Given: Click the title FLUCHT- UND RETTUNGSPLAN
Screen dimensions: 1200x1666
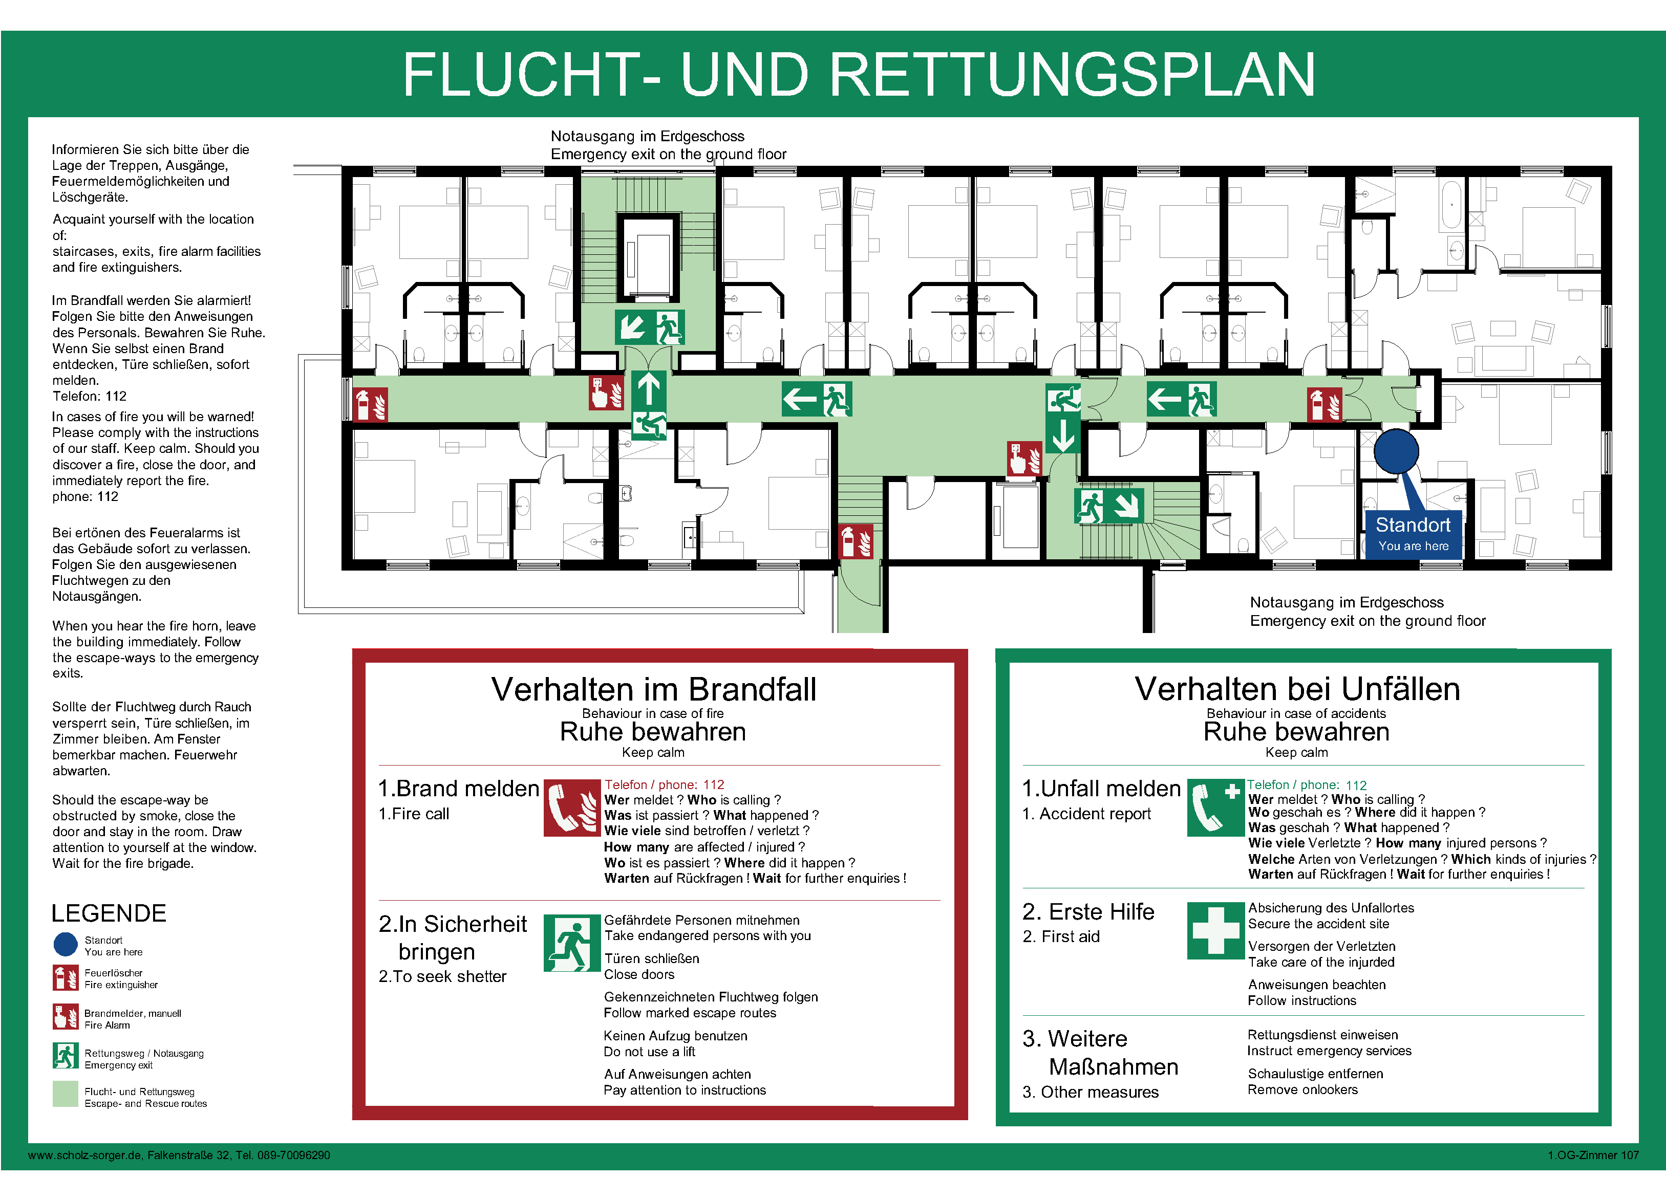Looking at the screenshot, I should pyautogui.click(x=858, y=74).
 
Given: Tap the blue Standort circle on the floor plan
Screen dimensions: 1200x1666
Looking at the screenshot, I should pyautogui.click(x=1396, y=451).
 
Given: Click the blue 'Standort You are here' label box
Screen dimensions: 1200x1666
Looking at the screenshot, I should pyautogui.click(x=1413, y=534).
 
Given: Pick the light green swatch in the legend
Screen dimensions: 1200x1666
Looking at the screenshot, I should pyautogui.click(x=66, y=1094).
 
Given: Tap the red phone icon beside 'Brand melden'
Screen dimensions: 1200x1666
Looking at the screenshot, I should pyautogui.click(x=571, y=808).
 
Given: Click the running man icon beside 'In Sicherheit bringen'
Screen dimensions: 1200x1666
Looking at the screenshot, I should pyautogui.click(x=571, y=943).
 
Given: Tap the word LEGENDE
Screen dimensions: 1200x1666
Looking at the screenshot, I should pyautogui.click(x=109, y=913).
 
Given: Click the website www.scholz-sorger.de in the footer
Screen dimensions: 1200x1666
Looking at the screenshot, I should pyautogui.click(x=85, y=1155).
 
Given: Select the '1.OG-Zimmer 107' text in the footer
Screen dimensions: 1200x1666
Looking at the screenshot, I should pyautogui.click(x=1593, y=1155).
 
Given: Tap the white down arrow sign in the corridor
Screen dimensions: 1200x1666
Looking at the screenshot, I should pyautogui.click(x=1063, y=435).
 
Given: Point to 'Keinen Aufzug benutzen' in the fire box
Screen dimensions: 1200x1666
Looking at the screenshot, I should pyautogui.click(x=675, y=1036).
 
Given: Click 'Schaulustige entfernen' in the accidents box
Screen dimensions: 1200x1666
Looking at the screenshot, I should pyautogui.click(x=1315, y=1074).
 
